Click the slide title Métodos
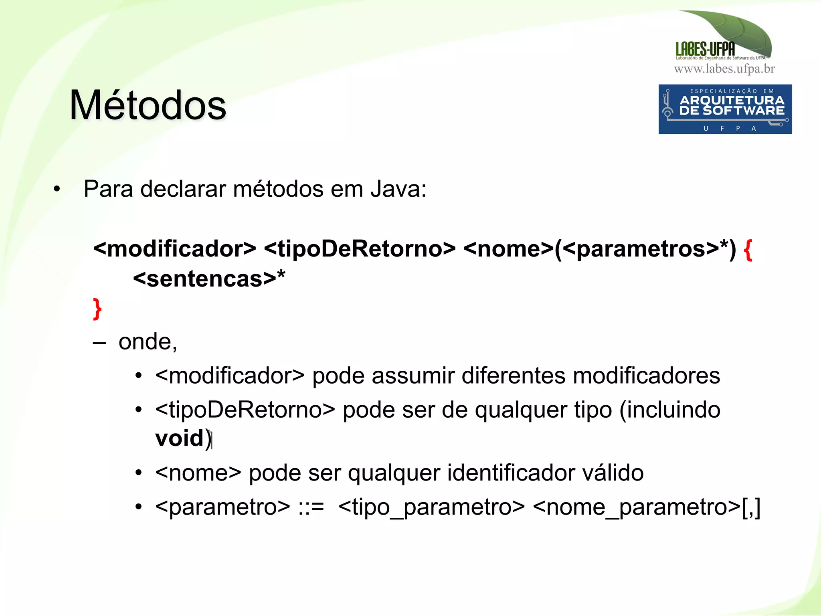click(x=148, y=105)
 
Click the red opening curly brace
click(x=747, y=250)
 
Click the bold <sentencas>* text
click(x=209, y=279)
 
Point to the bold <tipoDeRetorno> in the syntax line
click(x=360, y=249)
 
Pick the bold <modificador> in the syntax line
click(x=174, y=249)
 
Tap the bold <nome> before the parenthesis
click(x=508, y=249)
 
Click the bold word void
click(x=179, y=438)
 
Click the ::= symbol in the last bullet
click(x=311, y=507)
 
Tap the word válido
click(x=613, y=473)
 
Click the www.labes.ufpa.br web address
click(x=724, y=69)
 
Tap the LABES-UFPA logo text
click(x=705, y=49)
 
